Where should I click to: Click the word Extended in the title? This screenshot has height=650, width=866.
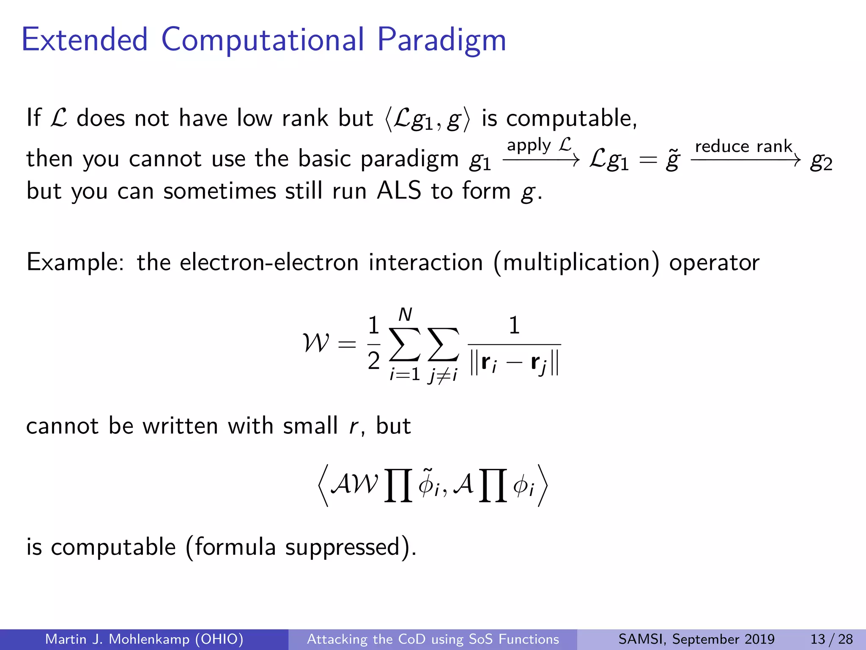(85, 40)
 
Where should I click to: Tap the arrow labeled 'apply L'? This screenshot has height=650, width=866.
(541, 160)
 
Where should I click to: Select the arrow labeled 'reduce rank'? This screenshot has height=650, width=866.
(745, 160)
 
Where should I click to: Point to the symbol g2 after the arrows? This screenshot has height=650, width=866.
(821, 161)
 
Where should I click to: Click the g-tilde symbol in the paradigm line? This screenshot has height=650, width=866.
(672, 160)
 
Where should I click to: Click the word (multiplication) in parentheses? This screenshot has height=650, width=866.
(576, 262)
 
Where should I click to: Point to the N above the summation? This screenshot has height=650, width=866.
(405, 315)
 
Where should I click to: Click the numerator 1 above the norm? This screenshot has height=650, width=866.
(514, 325)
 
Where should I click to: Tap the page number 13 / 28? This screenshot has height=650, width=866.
(831, 639)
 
